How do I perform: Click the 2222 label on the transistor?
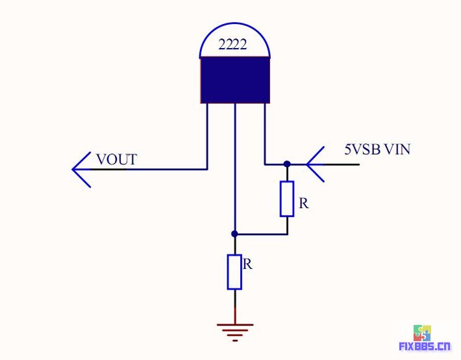tap(233, 46)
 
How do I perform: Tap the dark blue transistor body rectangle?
tap(234, 80)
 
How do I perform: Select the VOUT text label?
tap(116, 159)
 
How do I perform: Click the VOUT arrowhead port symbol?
tap(82, 169)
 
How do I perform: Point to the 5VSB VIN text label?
tap(377, 149)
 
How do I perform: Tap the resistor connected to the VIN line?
tap(287, 199)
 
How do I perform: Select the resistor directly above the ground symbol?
tap(234, 272)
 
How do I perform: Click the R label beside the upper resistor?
tap(303, 203)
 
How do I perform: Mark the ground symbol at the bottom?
tap(234, 330)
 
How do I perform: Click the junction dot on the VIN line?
tap(286, 164)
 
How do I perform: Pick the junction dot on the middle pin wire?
tap(234, 233)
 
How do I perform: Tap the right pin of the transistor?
tap(265, 130)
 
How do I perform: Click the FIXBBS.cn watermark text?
tap(424, 346)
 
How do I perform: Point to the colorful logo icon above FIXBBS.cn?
tap(423, 331)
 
